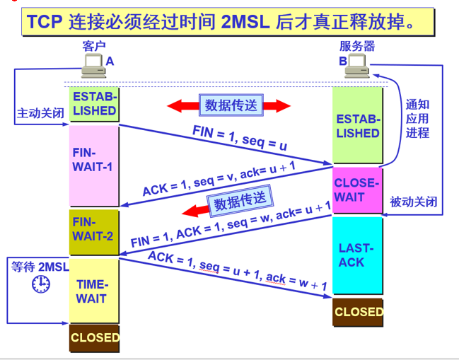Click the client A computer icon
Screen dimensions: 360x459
(x=93, y=66)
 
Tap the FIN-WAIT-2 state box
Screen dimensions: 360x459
(x=94, y=229)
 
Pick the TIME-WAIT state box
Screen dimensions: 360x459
(x=94, y=291)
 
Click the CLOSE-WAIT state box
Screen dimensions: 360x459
(x=357, y=190)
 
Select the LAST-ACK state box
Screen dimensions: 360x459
(x=357, y=255)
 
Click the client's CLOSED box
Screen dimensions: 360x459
(x=95, y=338)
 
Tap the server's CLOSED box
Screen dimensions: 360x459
(x=358, y=312)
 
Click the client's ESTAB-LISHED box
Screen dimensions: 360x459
(x=94, y=103)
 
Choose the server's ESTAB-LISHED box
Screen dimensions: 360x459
(x=357, y=126)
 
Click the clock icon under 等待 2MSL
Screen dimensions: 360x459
(x=41, y=284)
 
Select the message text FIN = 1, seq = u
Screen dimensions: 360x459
(x=240, y=137)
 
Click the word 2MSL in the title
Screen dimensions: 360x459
(x=245, y=23)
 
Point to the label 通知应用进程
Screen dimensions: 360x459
(x=417, y=118)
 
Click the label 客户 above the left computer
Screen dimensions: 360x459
(x=93, y=47)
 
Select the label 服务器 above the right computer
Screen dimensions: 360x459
(x=356, y=47)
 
